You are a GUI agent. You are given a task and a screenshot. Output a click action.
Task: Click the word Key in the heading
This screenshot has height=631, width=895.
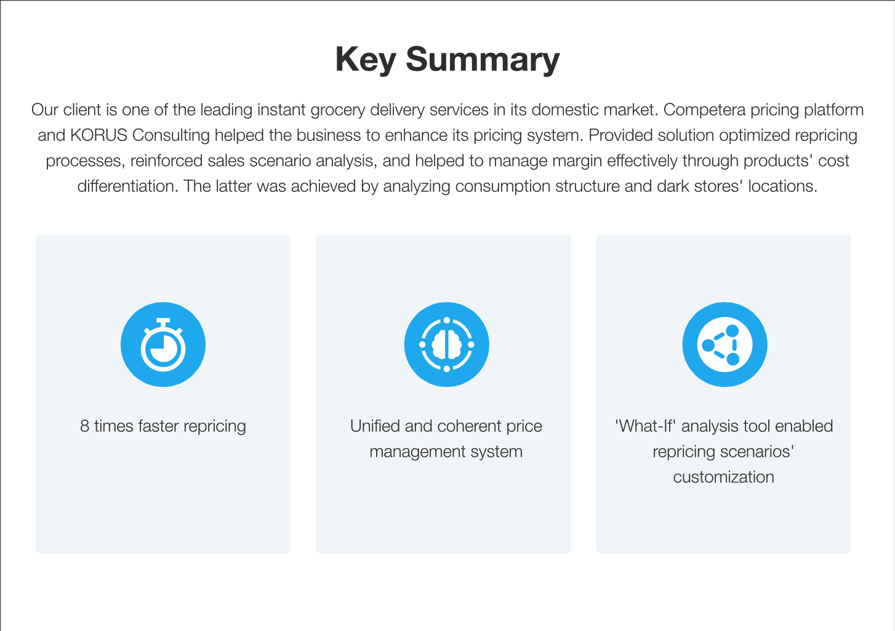pyautogui.click(x=366, y=59)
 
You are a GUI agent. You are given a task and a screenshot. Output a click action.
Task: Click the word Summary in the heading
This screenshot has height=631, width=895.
pyautogui.click(x=483, y=59)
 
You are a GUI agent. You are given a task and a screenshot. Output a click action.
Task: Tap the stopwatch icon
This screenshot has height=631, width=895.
pyautogui.click(x=163, y=344)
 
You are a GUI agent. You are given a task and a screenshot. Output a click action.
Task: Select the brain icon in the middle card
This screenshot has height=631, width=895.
pyautogui.click(x=447, y=344)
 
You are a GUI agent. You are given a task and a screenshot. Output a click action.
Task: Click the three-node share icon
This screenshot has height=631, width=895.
pyautogui.click(x=724, y=344)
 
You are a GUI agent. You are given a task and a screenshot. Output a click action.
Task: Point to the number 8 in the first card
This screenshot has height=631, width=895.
pyautogui.click(x=84, y=426)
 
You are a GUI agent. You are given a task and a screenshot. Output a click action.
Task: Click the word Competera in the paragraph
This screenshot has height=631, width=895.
pyautogui.click(x=704, y=109)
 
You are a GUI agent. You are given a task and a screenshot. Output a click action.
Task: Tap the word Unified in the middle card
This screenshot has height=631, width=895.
pyautogui.click(x=375, y=426)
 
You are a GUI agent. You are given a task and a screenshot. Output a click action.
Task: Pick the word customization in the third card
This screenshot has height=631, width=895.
pyautogui.click(x=724, y=477)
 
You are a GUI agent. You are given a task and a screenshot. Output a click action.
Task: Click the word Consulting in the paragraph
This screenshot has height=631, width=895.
pyautogui.click(x=171, y=136)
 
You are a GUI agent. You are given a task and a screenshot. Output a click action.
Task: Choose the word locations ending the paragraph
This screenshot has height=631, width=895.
pyautogui.click(x=782, y=186)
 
